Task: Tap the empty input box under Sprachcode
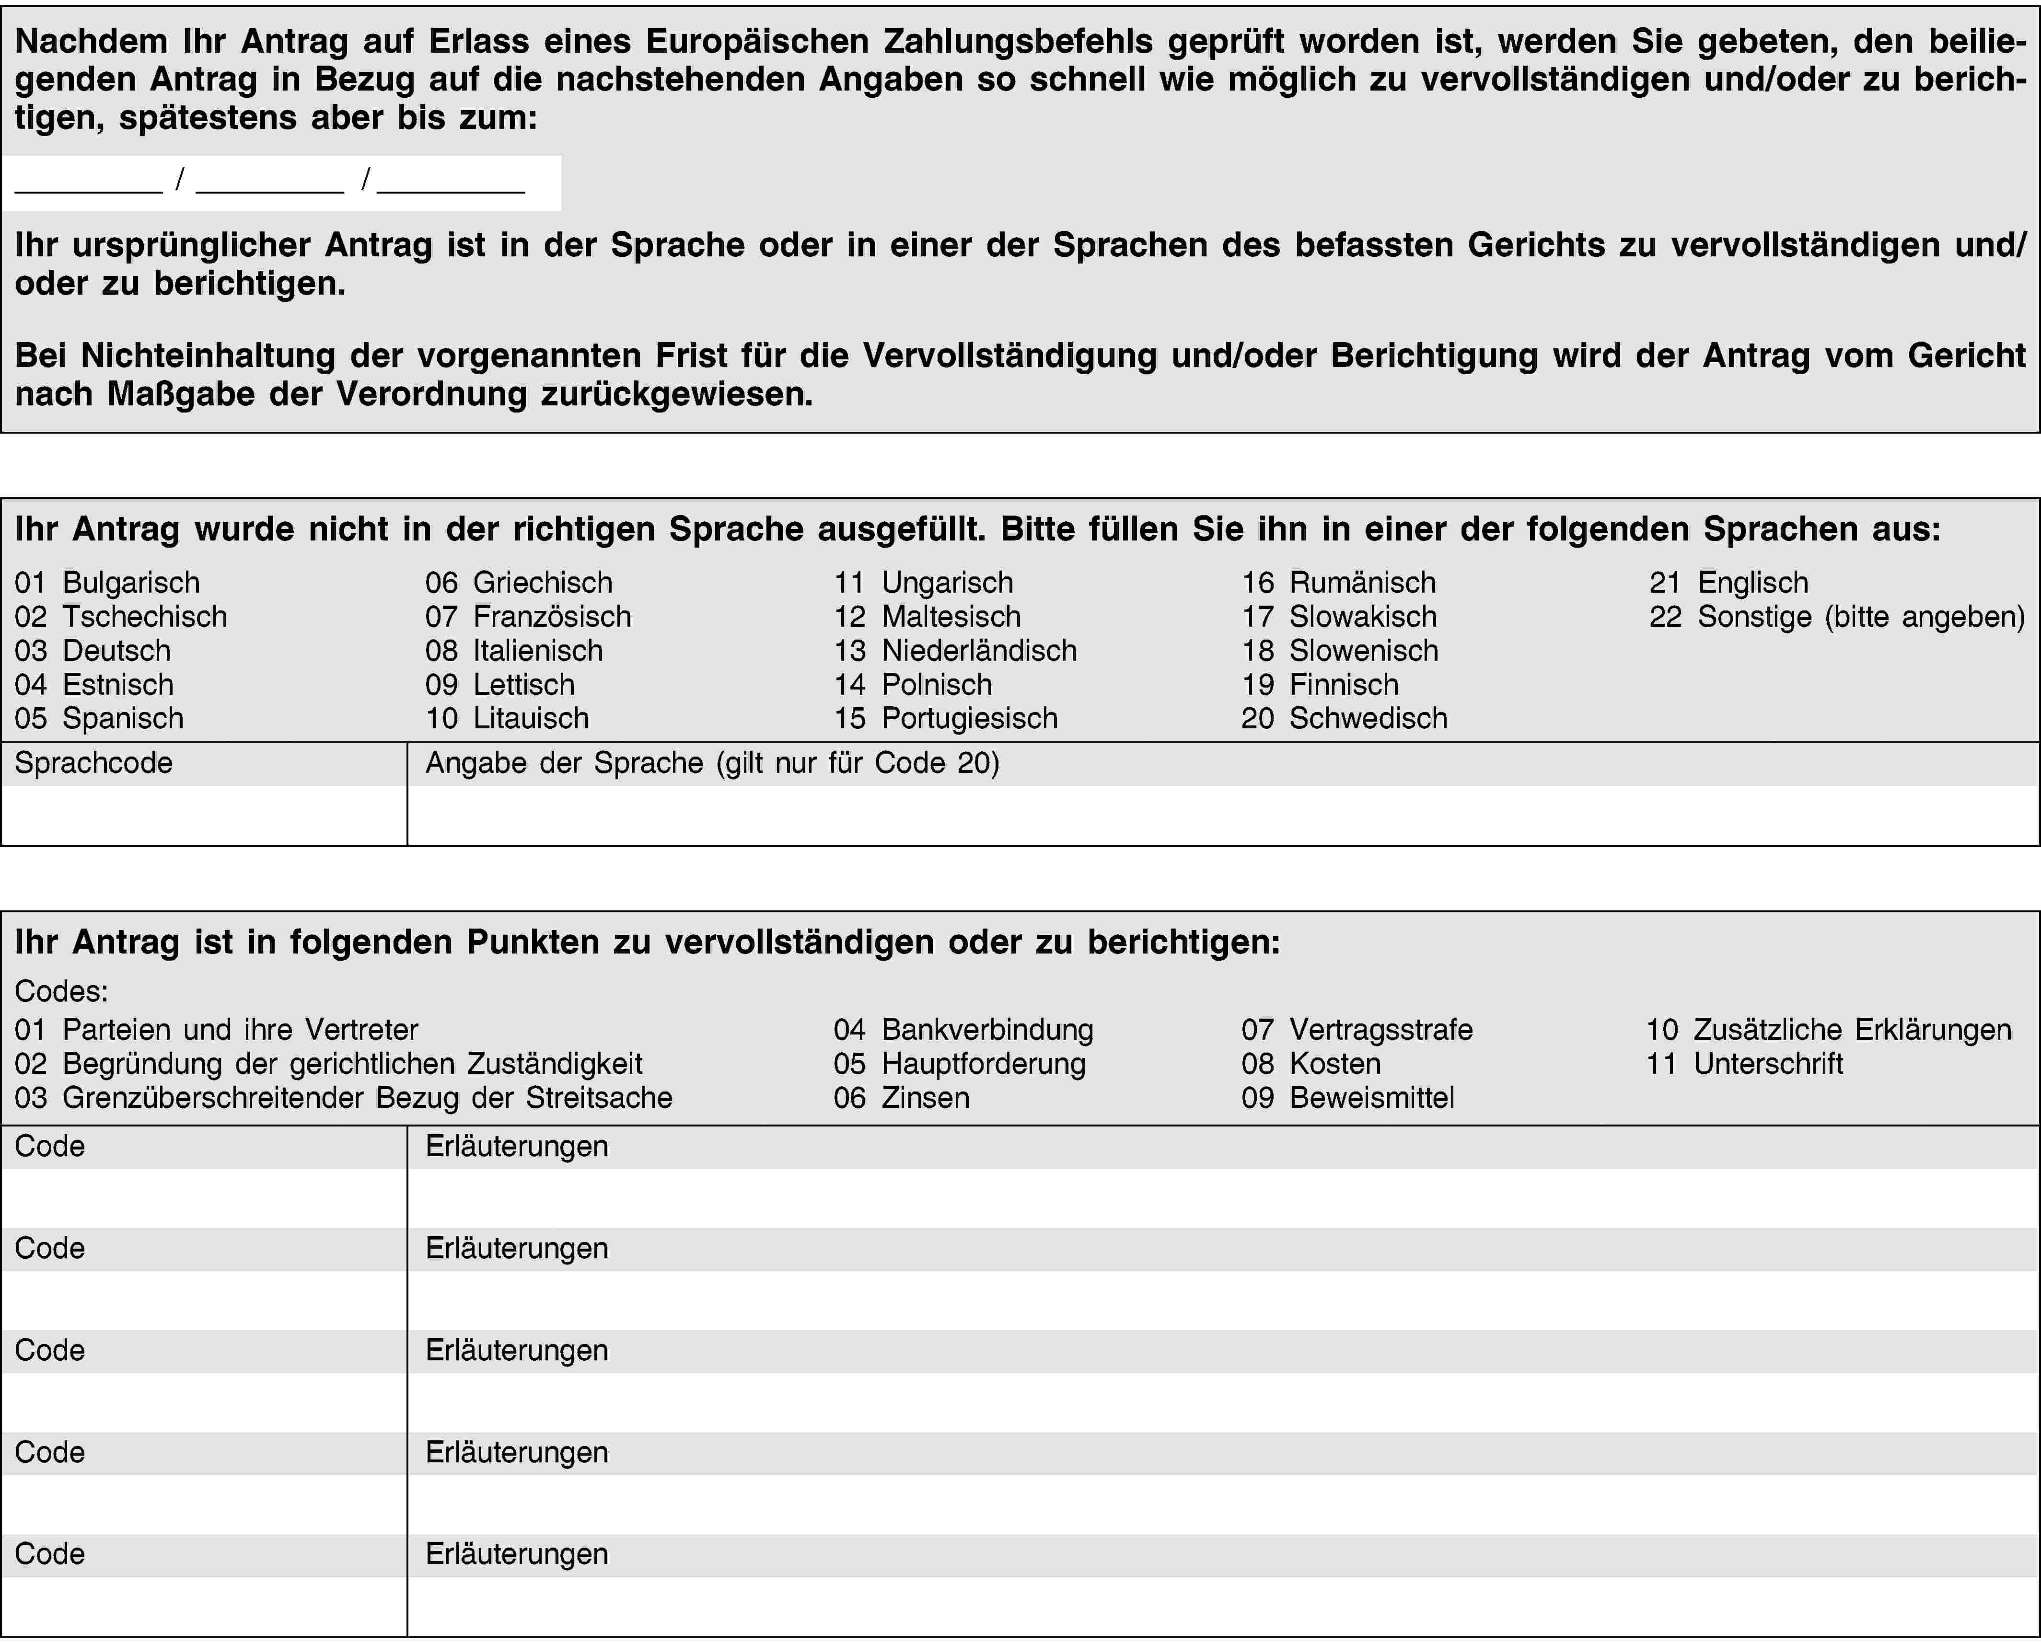[x=204, y=815]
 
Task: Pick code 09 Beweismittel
[x=1348, y=1098]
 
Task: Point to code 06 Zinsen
[x=901, y=1098]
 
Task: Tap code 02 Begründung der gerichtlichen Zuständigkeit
[x=328, y=1064]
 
